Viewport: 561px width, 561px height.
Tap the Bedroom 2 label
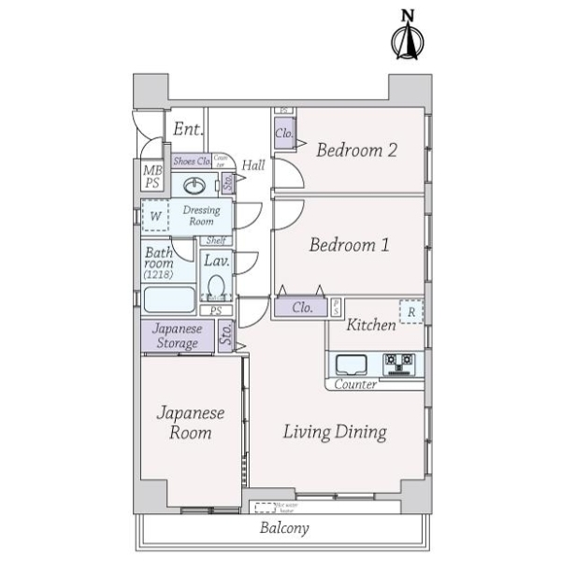pyautogui.click(x=356, y=150)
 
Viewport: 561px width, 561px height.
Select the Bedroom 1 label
pyautogui.click(x=349, y=245)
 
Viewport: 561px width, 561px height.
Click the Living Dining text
pyautogui.click(x=336, y=432)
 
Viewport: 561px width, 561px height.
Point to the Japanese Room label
pyautogui.click(x=191, y=423)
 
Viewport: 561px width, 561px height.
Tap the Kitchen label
pyautogui.click(x=371, y=325)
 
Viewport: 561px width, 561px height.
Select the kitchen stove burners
pyautogui.click(x=400, y=362)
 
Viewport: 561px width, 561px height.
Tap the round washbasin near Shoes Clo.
pyautogui.click(x=196, y=184)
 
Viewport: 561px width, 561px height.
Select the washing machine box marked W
pyautogui.click(x=156, y=216)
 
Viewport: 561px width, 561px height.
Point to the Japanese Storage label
pyautogui.click(x=177, y=336)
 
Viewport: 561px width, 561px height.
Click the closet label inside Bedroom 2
pyautogui.click(x=284, y=134)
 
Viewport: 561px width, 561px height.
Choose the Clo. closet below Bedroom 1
pyautogui.click(x=301, y=307)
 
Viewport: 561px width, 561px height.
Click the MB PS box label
pyautogui.click(x=151, y=177)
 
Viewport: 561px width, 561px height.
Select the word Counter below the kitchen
pyautogui.click(x=355, y=384)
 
